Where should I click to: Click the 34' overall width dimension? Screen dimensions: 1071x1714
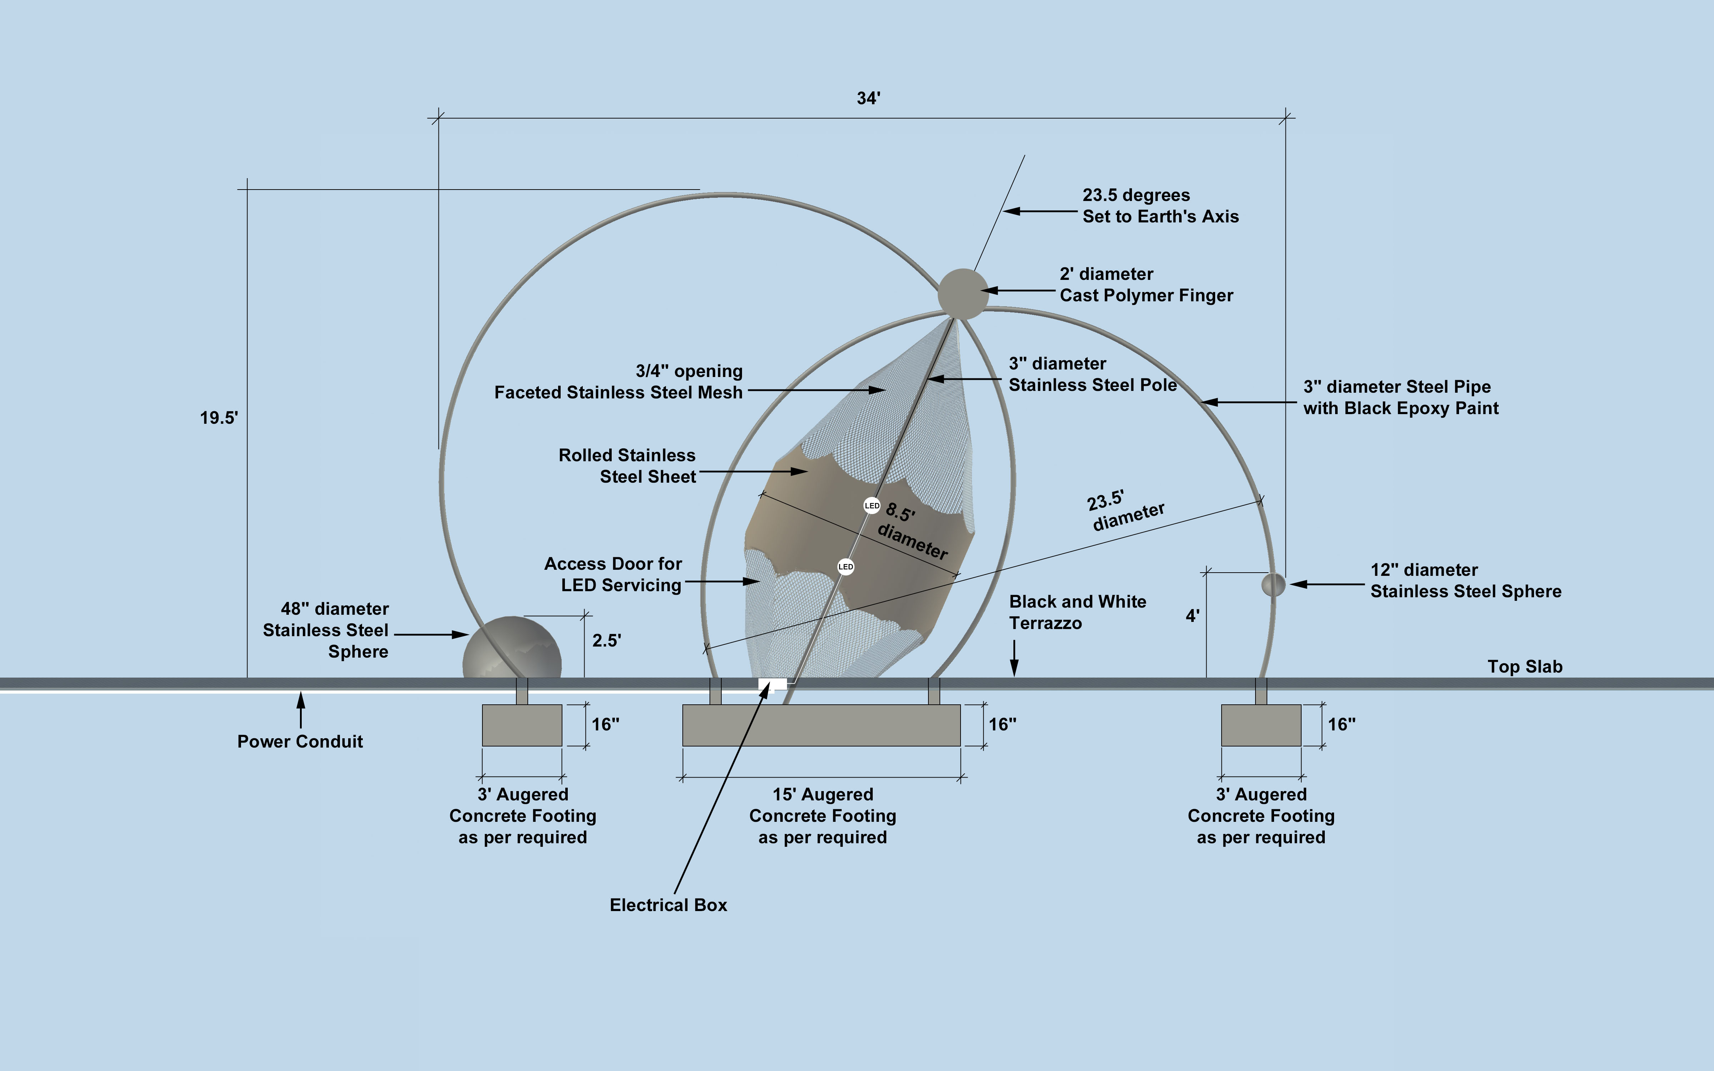pos(868,99)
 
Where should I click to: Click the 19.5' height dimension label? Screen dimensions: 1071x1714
pos(219,418)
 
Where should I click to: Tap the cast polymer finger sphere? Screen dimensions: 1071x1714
pos(963,293)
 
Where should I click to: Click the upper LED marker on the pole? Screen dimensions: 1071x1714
pos(872,506)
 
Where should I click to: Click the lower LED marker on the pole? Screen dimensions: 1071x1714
pos(846,567)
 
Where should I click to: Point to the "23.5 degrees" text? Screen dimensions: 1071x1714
pos(1136,196)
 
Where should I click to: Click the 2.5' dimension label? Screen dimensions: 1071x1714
pos(606,640)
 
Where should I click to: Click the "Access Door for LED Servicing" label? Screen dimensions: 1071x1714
pos(613,574)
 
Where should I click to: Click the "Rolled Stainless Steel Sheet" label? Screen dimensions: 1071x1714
pos(627,466)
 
